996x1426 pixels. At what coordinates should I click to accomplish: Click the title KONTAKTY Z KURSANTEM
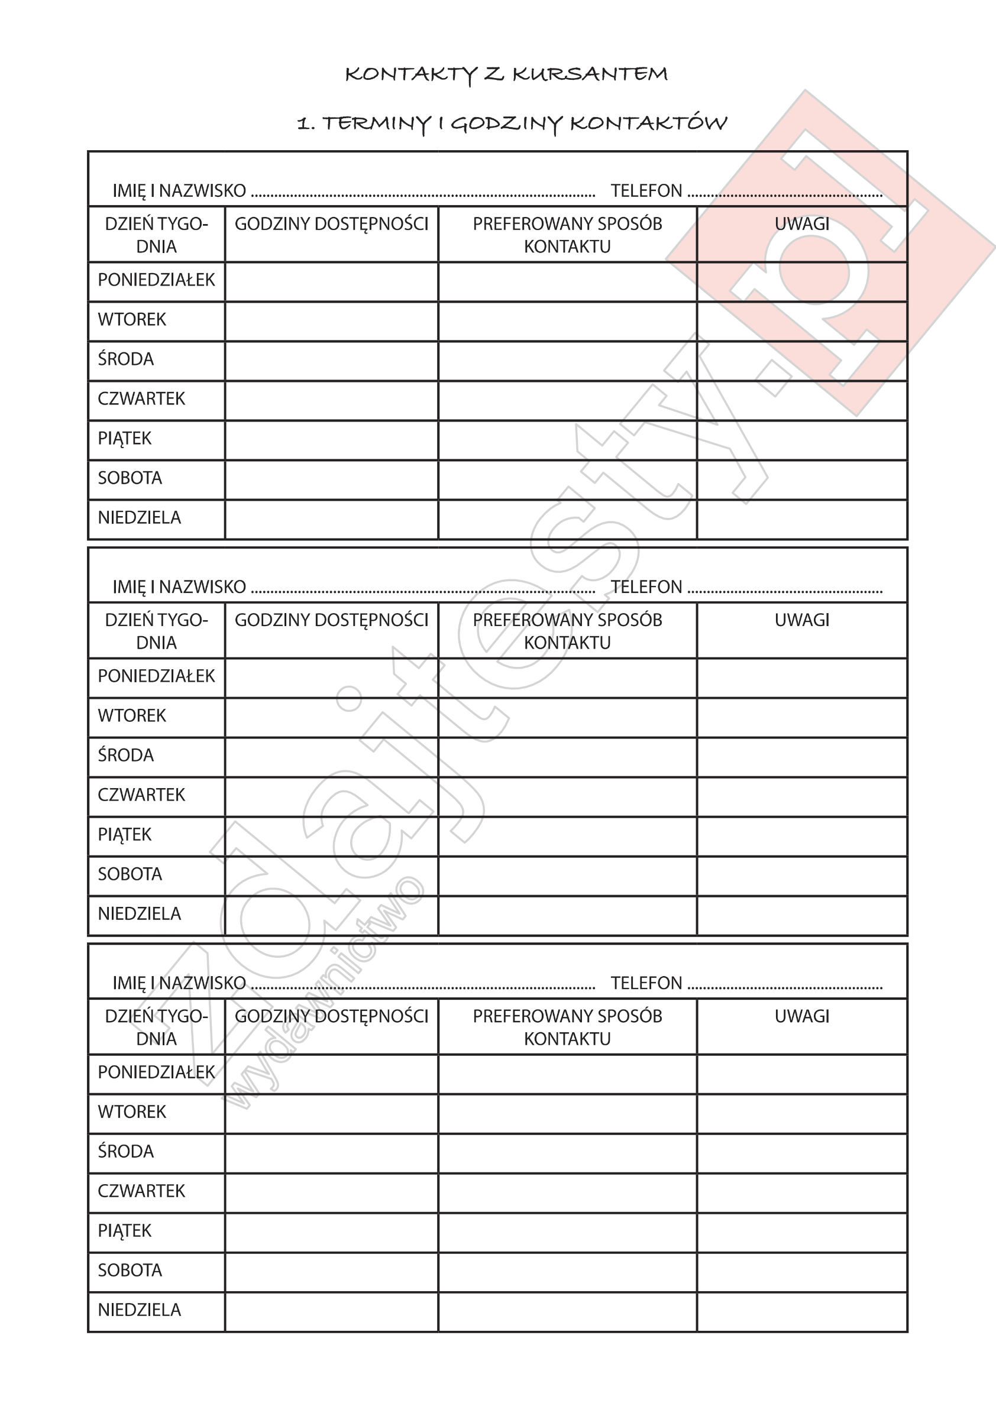point(506,74)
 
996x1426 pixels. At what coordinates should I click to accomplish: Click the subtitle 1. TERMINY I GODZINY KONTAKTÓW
point(512,124)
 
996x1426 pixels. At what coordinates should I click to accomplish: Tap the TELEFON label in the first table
point(646,191)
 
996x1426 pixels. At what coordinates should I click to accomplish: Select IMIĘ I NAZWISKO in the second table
point(179,587)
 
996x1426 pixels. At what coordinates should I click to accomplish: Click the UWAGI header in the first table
point(801,224)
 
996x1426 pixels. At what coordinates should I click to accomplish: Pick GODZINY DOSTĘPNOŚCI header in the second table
point(331,620)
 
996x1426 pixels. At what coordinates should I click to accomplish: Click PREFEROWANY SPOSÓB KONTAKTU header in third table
point(567,1028)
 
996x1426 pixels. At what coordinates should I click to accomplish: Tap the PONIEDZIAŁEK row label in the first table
point(156,280)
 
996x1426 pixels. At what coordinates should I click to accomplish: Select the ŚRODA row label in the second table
point(125,755)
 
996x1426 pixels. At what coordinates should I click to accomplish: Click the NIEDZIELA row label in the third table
point(139,1310)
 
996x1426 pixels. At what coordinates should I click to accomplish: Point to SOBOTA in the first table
point(130,478)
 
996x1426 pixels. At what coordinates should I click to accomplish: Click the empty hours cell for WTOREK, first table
point(331,321)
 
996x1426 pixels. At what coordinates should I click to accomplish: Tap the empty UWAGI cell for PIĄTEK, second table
point(801,836)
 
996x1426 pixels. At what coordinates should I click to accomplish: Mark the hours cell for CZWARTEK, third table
point(331,1192)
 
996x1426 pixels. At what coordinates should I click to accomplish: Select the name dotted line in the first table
point(422,194)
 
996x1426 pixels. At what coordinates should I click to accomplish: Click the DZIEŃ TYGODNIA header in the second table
point(156,631)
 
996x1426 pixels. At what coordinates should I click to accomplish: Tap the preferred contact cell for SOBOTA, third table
point(567,1272)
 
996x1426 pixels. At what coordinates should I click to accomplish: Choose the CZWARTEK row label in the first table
point(141,398)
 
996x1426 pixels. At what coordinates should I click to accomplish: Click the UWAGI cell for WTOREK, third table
point(801,1113)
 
